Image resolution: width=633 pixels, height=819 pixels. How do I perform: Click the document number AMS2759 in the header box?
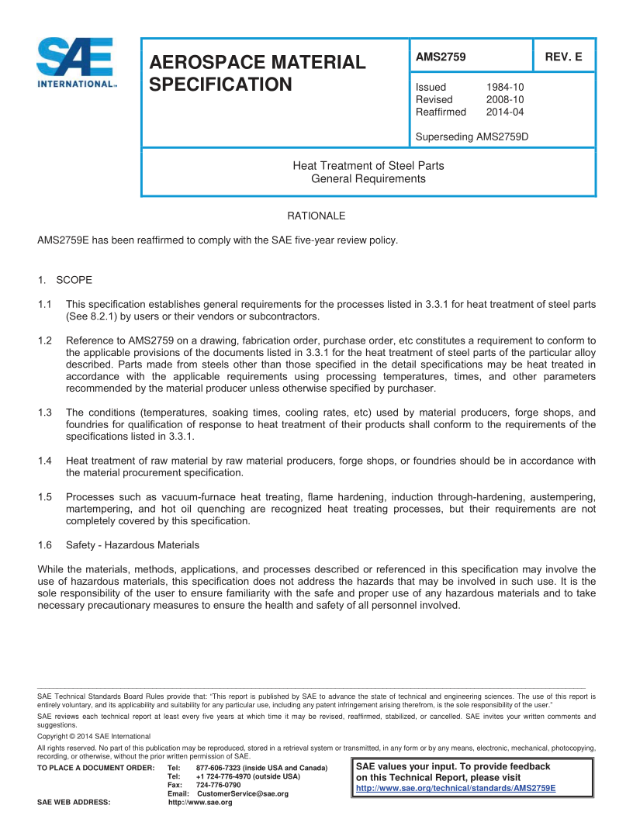(x=441, y=57)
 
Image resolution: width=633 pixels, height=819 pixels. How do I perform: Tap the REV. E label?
(x=565, y=57)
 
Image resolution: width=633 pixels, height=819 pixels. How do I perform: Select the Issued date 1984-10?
(x=505, y=88)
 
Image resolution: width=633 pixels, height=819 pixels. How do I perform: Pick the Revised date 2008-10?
(x=505, y=100)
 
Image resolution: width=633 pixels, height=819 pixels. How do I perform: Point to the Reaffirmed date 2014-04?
(x=505, y=112)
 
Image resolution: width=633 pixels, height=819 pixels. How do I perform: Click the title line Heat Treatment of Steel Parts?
(x=368, y=165)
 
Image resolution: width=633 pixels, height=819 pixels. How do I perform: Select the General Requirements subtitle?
(x=368, y=178)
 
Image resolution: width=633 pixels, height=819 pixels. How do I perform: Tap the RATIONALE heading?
(x=316, y=215)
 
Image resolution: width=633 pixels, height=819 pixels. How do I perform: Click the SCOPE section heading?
(x=74, y=279)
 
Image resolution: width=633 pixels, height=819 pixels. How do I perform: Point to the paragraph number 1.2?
(x=45, y=340)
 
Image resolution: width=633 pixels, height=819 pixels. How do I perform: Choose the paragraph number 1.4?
(x=45, y=461)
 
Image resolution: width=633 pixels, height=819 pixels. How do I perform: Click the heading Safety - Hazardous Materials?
(x=133, y=544)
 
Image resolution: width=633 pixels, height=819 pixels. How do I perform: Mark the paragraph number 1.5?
(x=45, y=496)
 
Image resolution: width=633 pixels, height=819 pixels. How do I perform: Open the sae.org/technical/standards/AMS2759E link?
(x=455, y=788)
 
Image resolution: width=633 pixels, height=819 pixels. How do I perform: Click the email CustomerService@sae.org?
(x=243, y=793)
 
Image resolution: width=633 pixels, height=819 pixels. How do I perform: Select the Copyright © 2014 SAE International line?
(x=94, y=736)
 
